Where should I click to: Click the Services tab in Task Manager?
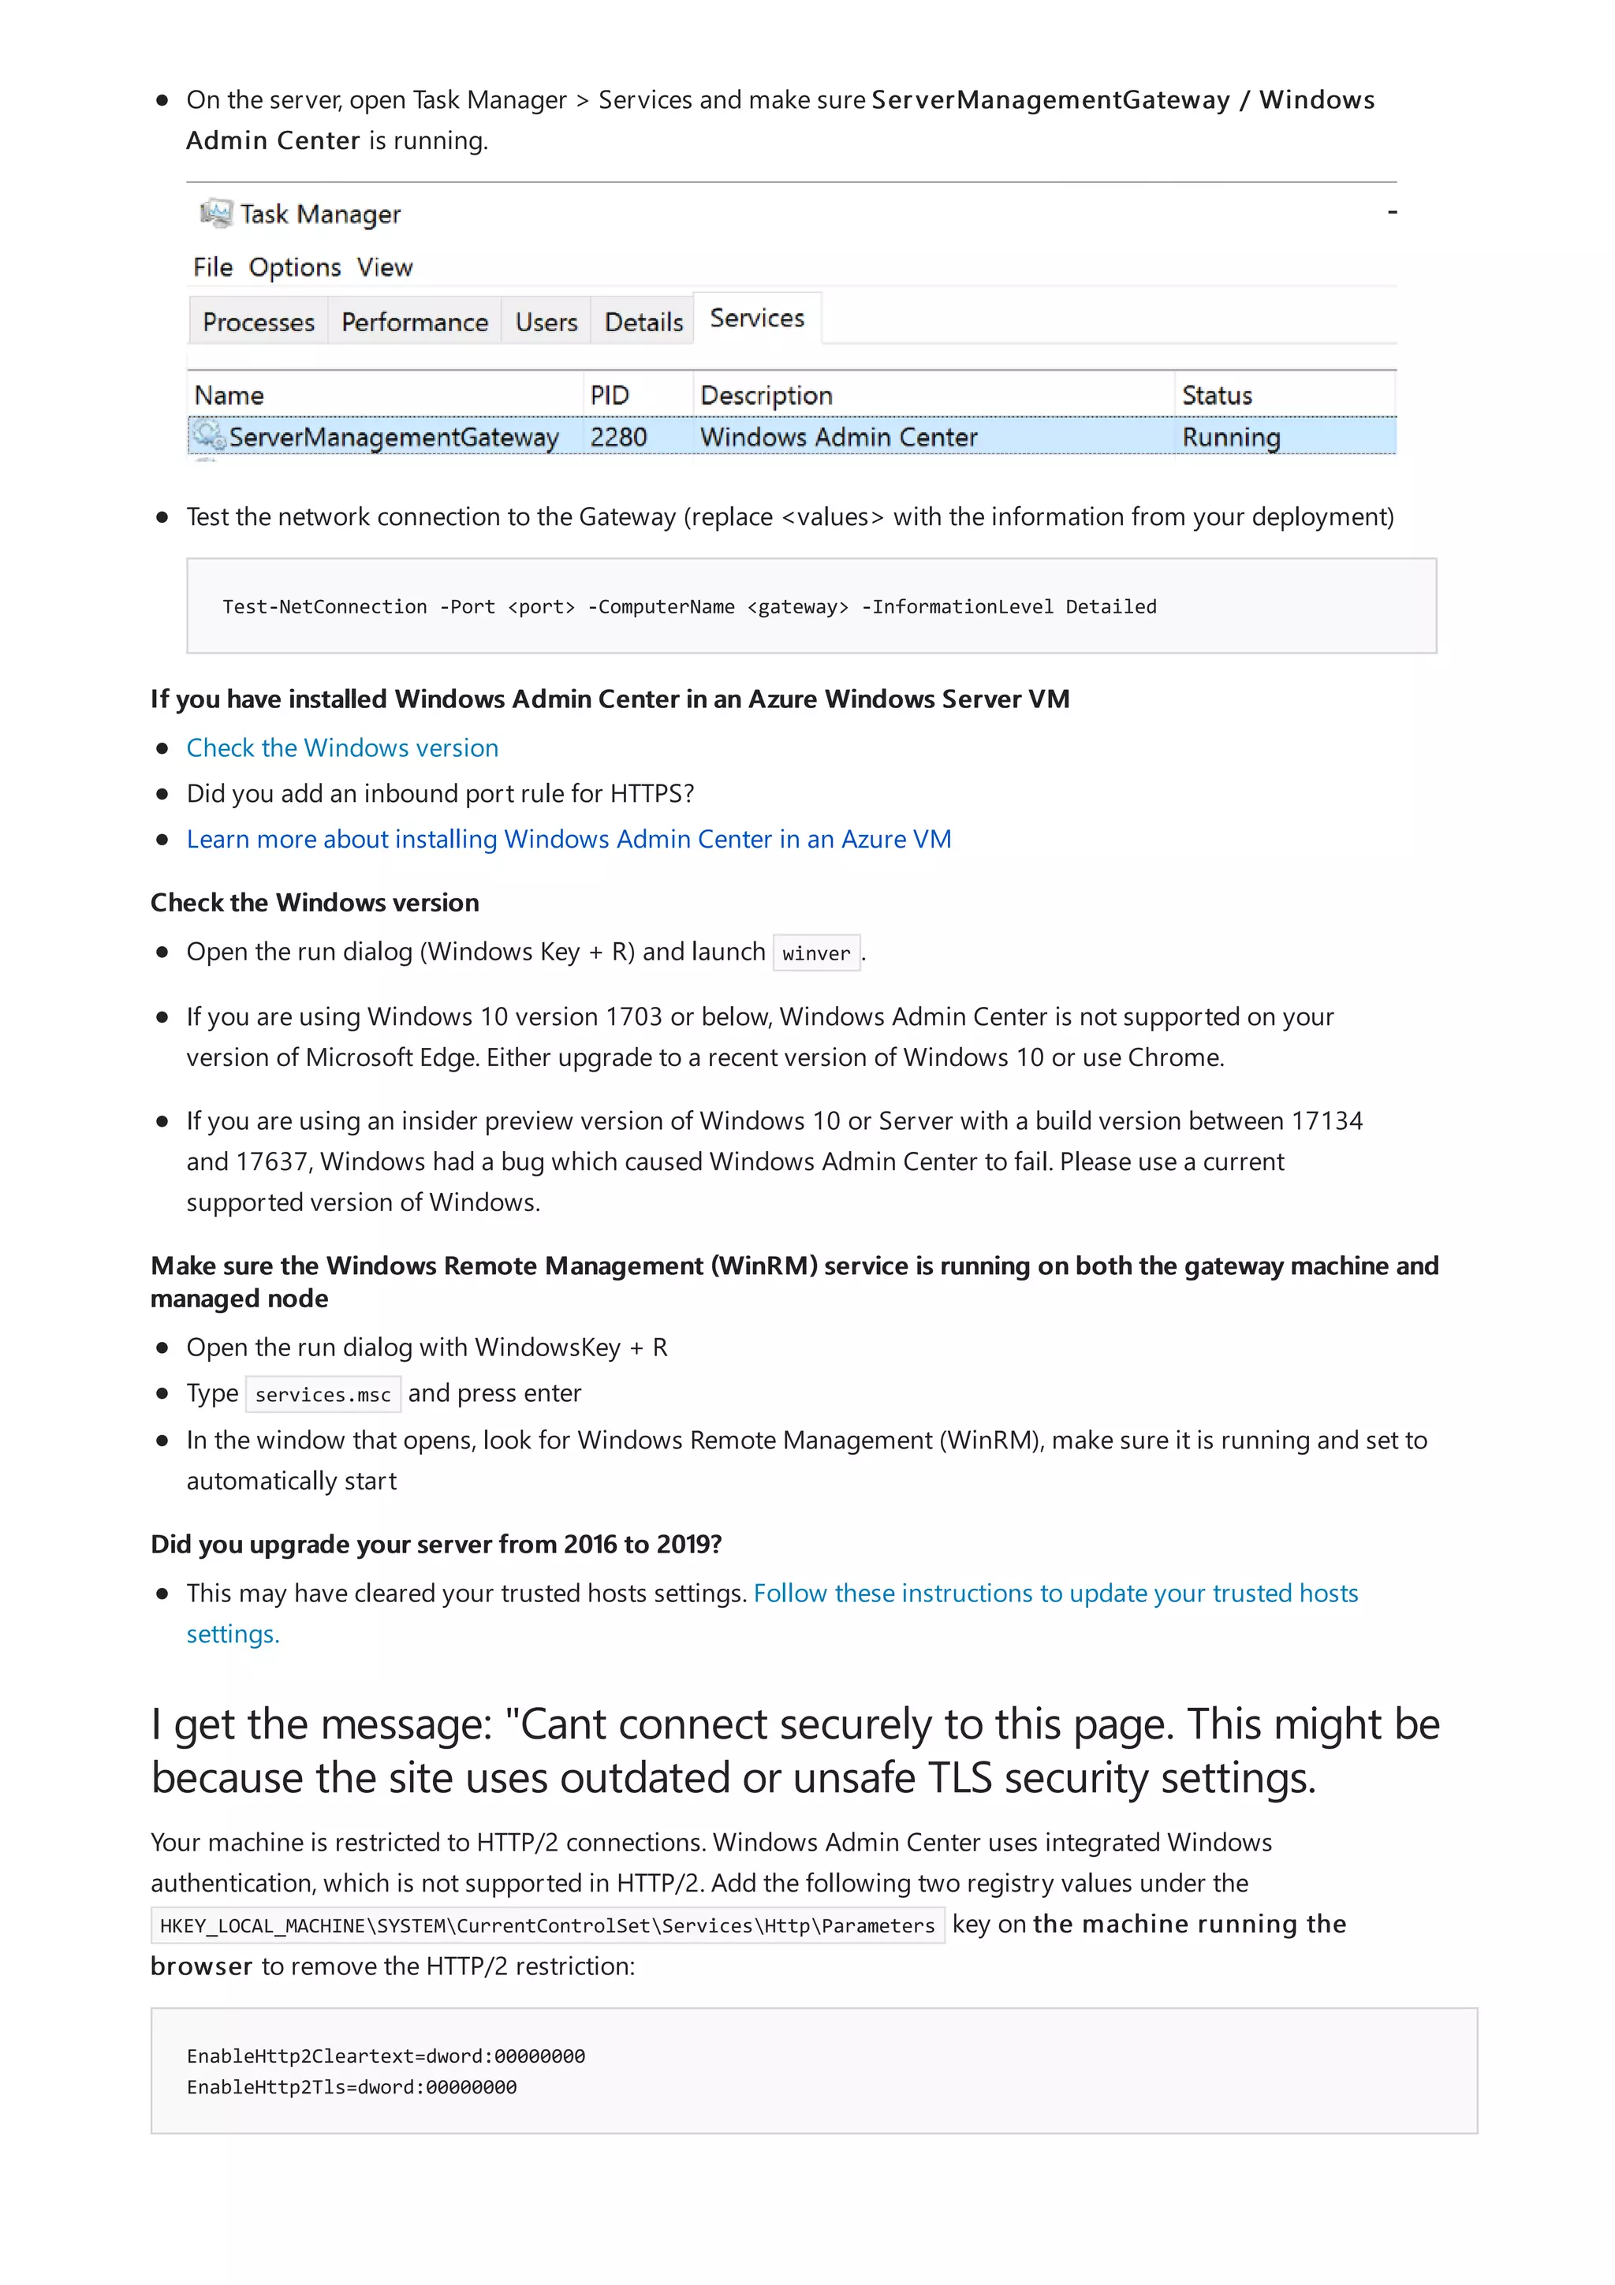(x=756, y=319)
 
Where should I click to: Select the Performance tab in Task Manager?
(x=414, y=322)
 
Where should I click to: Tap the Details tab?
(x=643, y=322)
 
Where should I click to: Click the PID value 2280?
(x=618, y=437)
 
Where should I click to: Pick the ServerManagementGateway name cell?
(x=393, y=437)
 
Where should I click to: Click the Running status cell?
(x=1230, y=437)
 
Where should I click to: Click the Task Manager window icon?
(x=215, y=213)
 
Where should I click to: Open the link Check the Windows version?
(x=342, y=747)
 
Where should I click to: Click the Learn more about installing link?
(x=569, y=839)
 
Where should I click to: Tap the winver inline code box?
(x=816, y=953)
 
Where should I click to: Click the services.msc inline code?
(x=323, y=1394)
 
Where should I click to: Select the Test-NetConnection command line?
(x=688, y=606)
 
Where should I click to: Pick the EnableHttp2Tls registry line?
(x=351, y=2087)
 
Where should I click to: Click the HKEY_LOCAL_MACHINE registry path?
(x=546, y=1925)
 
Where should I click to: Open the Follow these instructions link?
(x=1055, y=1594)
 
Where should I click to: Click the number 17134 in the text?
(x=1326, y=1120)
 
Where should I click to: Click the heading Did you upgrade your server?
(x=436, y=1544)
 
